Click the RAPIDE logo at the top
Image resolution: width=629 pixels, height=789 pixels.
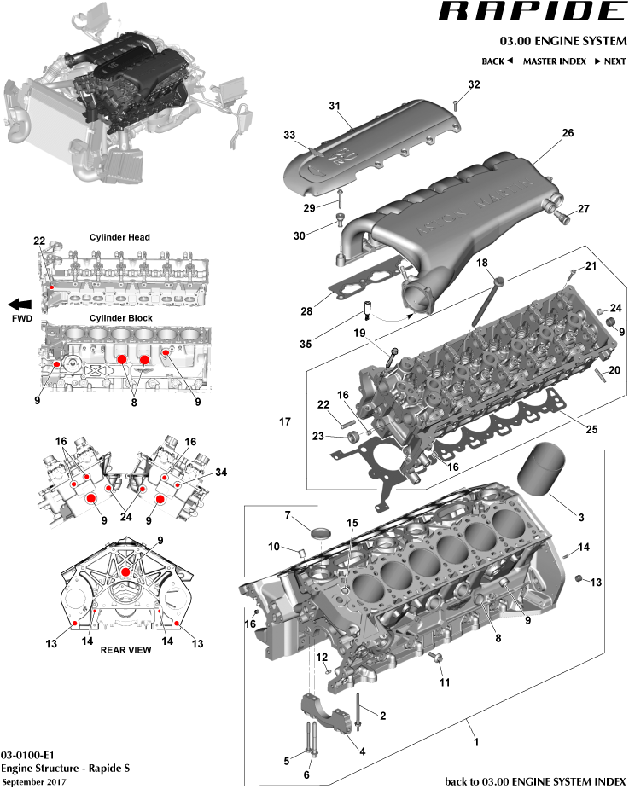tap(532, 12)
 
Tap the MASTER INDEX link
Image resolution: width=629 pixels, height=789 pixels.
tap(554, 61)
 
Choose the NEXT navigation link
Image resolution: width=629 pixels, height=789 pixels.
tap(610, 61)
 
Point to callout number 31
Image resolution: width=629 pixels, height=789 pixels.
tap(335, 106)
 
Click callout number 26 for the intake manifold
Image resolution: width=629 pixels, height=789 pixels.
tap(568, 133)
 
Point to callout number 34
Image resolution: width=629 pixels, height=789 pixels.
tap(222, 472)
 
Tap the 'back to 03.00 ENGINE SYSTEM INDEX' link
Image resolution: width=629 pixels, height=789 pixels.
tap(535, 781)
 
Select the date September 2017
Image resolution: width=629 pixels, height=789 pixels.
tap(33, 781)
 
